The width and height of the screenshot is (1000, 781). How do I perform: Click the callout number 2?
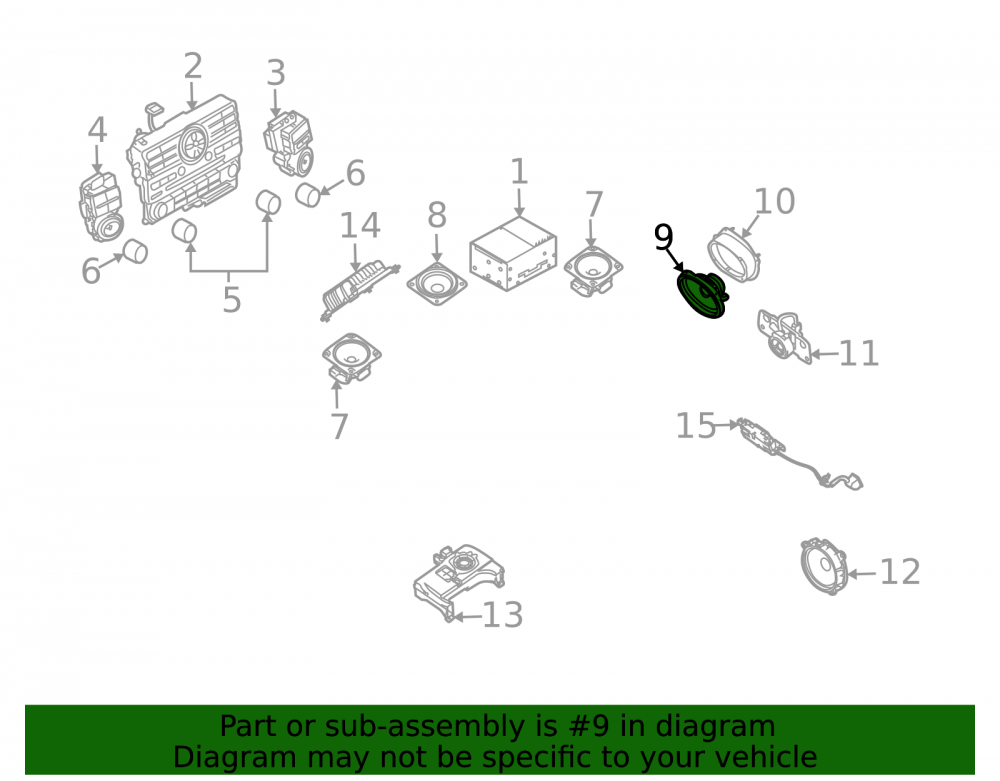click(x=193, y=66)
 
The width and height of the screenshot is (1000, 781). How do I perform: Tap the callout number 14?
click(x=360, y=226)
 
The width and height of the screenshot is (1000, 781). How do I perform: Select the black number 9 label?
click(x=663, y=237)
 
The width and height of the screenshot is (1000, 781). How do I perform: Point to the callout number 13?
click(x=503, y=615)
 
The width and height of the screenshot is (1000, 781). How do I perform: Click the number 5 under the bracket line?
click(x=232, y=299)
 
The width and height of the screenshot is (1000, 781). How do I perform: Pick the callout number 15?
click(x=695, y=425)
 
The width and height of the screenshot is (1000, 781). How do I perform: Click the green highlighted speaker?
click(x=702, y=294)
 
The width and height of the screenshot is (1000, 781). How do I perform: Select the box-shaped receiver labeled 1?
click(x=513, y=254)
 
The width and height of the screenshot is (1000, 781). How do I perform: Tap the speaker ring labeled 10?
click(x=734, y=255)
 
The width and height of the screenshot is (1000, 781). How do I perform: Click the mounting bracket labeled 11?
click(x=784, y=337)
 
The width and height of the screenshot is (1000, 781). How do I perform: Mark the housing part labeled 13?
click(x=458, y=581)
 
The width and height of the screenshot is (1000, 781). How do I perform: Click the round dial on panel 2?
click(x=193, y=143)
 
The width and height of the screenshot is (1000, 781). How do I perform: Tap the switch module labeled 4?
click(x=101, y=208)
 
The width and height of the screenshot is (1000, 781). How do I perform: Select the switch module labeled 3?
click(x=288, y=144)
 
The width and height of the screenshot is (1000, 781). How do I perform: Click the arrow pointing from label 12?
click(x=862, y=574)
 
